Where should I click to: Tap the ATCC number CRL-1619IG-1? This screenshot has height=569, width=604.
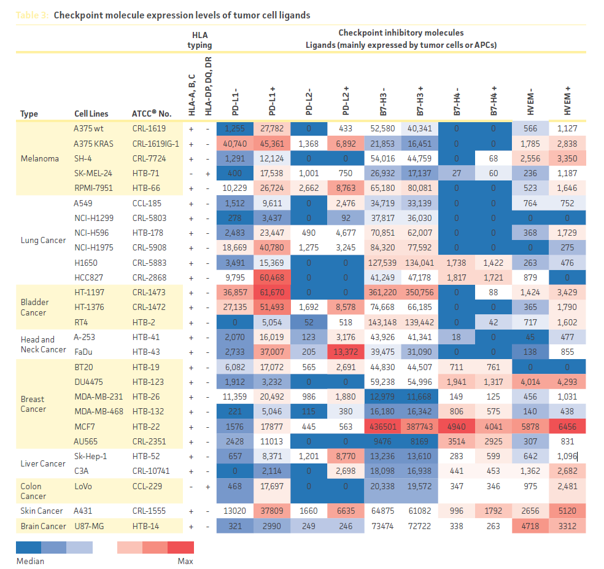pyautogui.click(x=155, y=144)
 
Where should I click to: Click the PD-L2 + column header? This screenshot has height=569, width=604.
pyautogui.click(x=346, y=101)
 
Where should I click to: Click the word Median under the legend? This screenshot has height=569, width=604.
pyautogui.click(x=30, y=560)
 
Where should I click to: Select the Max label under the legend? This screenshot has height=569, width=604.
pyautogui.click(x=185, y=560)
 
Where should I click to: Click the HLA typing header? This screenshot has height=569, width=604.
pyautogui.click(x=199, y=40)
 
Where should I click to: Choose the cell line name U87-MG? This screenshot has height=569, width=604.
pyautogui.click(x=87, y=525)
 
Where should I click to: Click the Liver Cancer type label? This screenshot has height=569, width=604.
pyautogui.click(x=43, y=463)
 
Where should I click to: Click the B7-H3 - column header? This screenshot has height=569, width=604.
pyautogui.click(x=383, y=101)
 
